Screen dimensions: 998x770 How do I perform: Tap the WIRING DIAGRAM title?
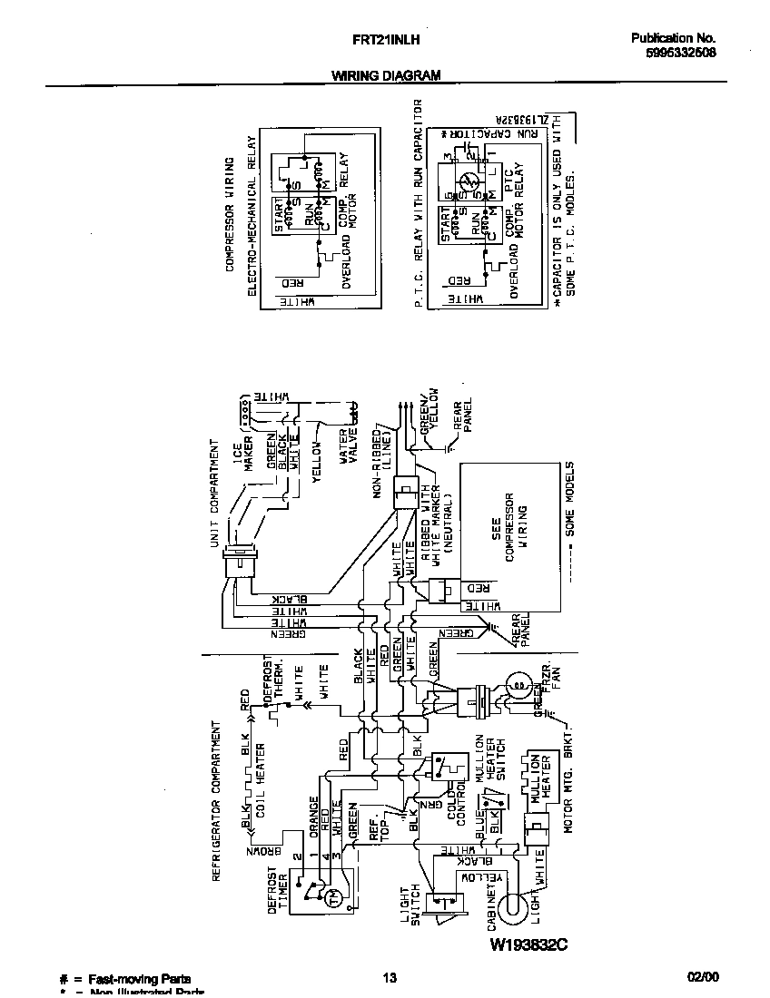(x=385, y=76)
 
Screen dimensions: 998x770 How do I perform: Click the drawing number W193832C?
(x=528, y=944)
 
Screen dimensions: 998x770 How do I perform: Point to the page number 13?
(x=389, y=977)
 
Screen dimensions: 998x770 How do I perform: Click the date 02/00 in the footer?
(x=703, y=977)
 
